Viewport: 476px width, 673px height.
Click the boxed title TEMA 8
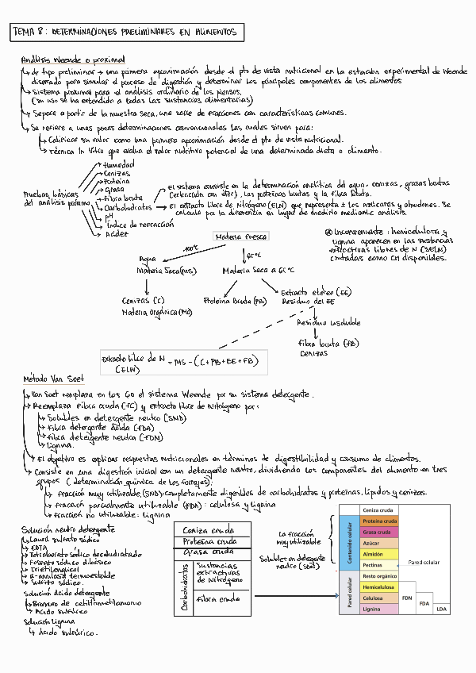[x=129, y=33]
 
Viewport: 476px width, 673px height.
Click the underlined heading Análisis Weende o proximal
[x=73, y=60]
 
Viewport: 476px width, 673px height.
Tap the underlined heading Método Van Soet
[x=54, y=379]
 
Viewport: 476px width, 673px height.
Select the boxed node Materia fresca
[x=241, y=237]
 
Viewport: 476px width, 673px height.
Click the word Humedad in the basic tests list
[x=119, y=163]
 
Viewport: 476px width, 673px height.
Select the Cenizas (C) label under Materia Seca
[x=144, y=300]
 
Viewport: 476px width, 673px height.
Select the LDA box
[x=441, y=609]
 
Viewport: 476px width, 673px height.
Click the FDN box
[x=407, y=598]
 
